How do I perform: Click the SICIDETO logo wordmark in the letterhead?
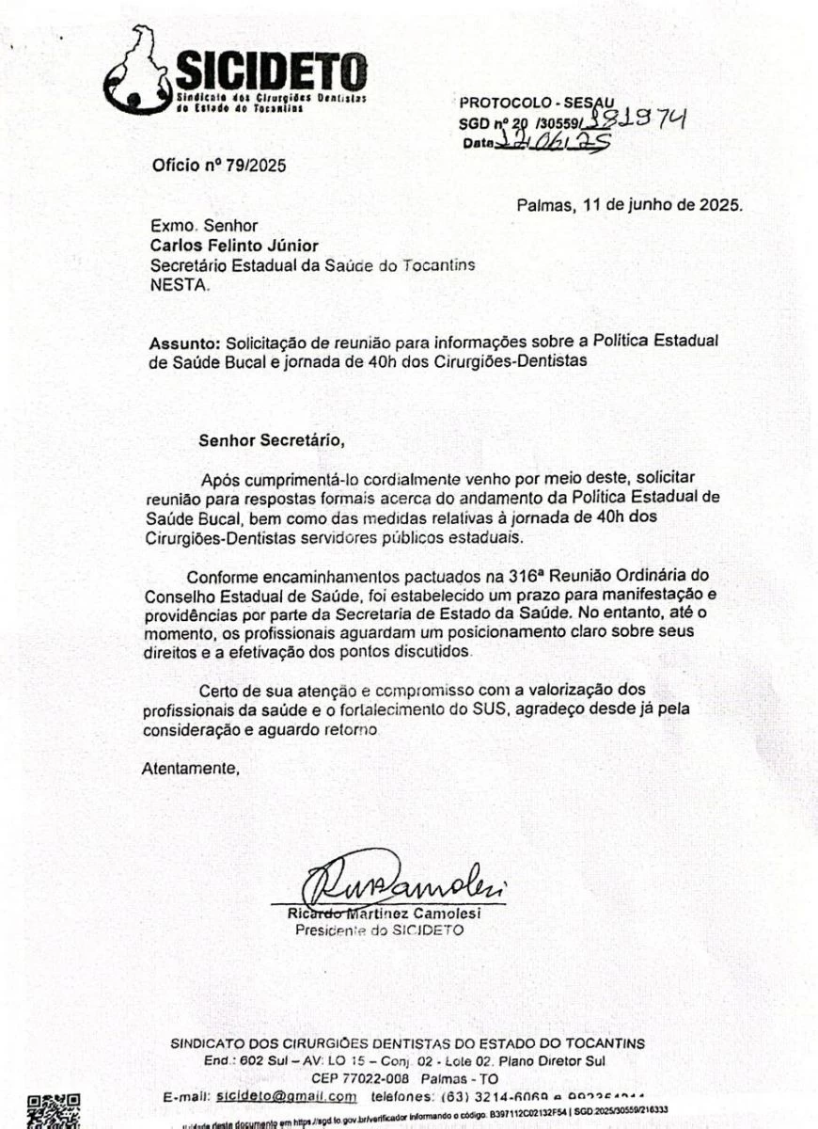[x=271, y=71]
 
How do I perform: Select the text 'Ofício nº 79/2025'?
[x=219, y=166]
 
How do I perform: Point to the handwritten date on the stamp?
[x=554, y=141]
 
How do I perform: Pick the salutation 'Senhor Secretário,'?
[x=265, y=438]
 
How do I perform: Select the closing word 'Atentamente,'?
[x=191, y=768]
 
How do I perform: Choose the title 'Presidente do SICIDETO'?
[x=380, y=930]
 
